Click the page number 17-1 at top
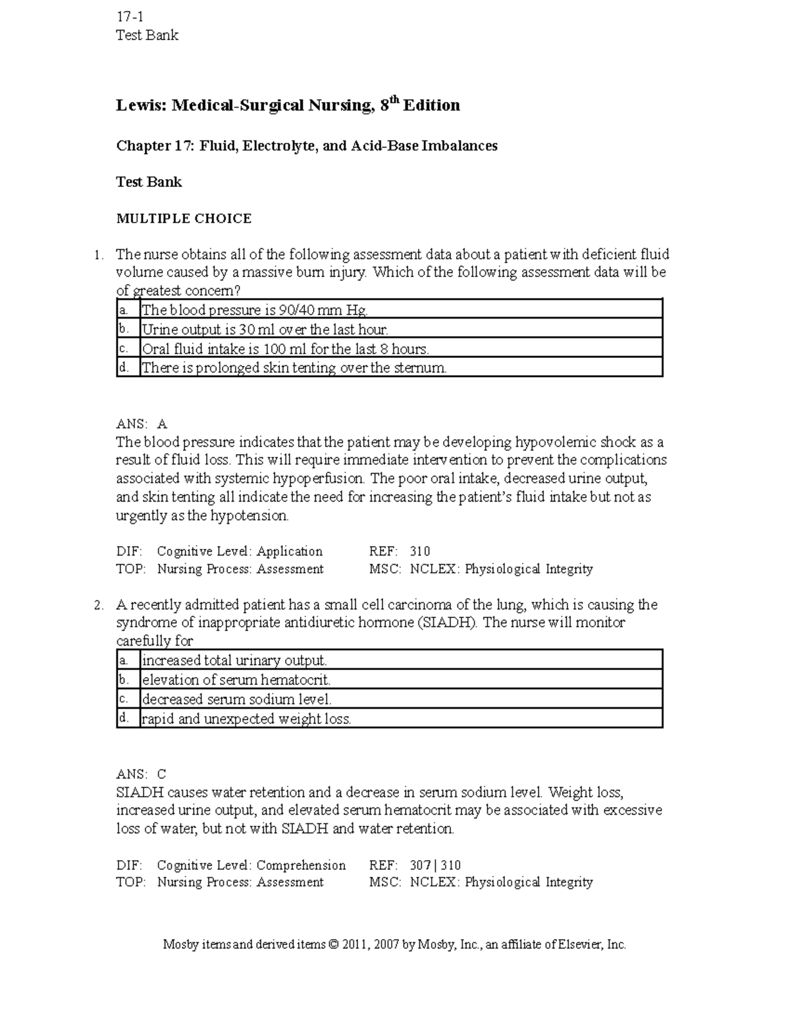[129, 17]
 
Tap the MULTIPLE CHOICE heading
[184, 218]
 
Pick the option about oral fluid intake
[285, 349]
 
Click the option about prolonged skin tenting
[294, 368]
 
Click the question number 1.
[98, 255]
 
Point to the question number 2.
[98, 605]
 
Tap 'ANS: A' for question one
[142, 424]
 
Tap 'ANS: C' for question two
[142, 774]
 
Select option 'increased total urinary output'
[234, 661]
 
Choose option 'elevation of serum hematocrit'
[236, 680]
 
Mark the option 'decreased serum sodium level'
[237, 700]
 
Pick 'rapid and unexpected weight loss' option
[246, 719]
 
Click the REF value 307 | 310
[435, 865]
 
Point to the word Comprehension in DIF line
[301, 865]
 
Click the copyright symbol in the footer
[332, 944]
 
